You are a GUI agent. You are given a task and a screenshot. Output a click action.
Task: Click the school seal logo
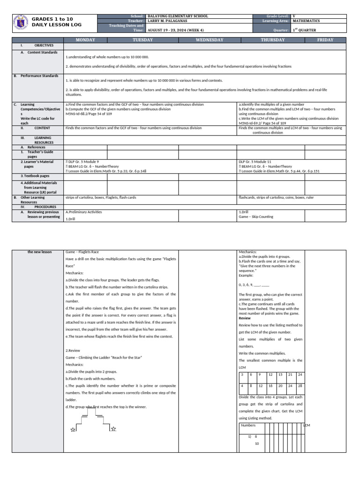click(19, 22)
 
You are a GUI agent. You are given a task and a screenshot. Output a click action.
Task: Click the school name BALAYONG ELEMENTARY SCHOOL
click(178, 16)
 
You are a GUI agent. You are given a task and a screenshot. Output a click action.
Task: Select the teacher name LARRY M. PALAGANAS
click(171, 21)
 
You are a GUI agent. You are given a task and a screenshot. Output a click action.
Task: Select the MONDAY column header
click(85, 40)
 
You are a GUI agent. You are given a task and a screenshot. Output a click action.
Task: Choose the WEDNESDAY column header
click(209, 40)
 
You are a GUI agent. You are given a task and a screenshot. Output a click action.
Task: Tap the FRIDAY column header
click(325, 40)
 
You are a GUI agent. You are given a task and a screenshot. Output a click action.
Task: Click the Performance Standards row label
click(39, 75)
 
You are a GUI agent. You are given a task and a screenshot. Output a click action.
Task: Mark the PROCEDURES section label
click(45, 207)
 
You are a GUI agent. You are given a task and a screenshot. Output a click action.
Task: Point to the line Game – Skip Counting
click(256, 217)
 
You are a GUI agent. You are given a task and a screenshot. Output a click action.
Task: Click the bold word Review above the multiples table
click(245, 318)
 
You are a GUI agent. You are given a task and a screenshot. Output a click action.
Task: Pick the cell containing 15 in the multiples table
click(280, 375)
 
